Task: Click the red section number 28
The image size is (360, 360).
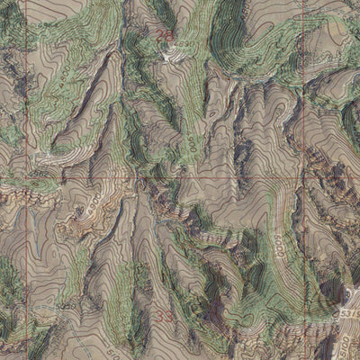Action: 163,36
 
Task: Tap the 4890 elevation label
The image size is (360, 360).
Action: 184,44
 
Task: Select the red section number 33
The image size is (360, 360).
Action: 163,316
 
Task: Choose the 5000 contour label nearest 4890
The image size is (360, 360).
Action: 192,144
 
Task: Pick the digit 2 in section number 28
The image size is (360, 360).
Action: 159,36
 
